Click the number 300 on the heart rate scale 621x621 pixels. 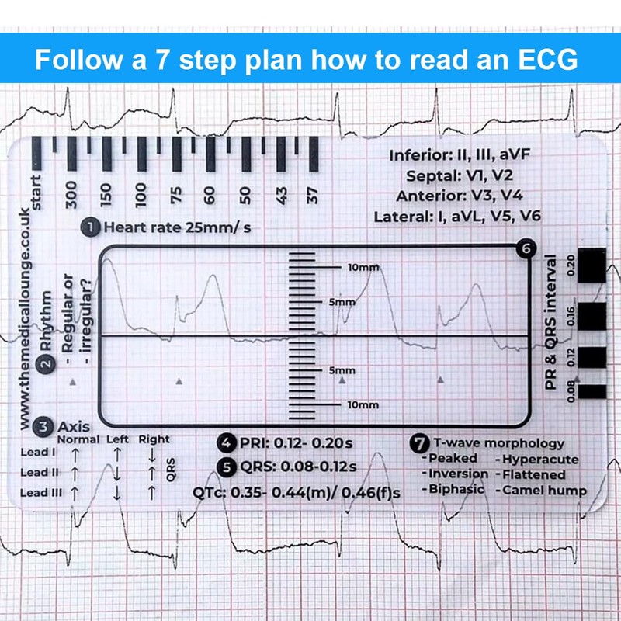tap(72, 193)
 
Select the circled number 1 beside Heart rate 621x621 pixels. tap(92, 227)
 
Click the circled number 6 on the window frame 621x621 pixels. tap(526, 249)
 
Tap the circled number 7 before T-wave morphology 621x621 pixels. tap(418, 444)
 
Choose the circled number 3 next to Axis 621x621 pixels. tap(44, 425)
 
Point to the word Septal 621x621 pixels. tap(425, 175)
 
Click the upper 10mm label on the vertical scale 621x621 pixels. tap(363, 267)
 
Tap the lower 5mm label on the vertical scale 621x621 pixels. tap(342, 371)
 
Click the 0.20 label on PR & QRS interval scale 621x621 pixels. tap(572, 265)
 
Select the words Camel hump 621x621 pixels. tap(544, 490)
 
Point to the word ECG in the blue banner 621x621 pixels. tap(544, 60)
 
